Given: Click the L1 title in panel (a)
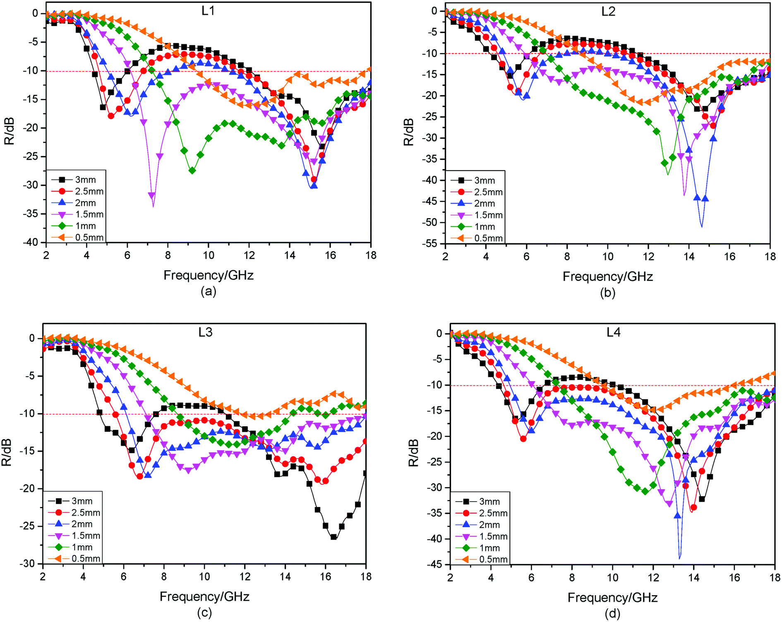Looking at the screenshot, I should [208, 11].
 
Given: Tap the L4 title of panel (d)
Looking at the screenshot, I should [613, 332].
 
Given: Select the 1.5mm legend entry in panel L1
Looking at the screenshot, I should [89, 214].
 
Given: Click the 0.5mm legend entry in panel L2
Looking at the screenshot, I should [488, 238].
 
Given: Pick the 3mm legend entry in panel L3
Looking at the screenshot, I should [82, 501].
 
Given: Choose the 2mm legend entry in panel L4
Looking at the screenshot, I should [489, 525].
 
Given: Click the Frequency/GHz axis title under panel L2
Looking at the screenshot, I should [607, 276].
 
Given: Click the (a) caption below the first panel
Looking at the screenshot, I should [208, 291].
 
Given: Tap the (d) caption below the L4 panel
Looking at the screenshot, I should [612, 613].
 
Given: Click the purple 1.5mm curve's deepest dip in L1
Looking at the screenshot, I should [153, 206].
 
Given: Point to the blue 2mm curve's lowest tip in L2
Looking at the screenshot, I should [701, 226].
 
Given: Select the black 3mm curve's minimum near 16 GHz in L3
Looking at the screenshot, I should [333, 538].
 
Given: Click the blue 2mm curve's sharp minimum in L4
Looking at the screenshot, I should [679, 558].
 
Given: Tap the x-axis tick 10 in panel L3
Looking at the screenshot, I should [204, 576].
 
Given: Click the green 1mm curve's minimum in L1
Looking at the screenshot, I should [192, 171].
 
